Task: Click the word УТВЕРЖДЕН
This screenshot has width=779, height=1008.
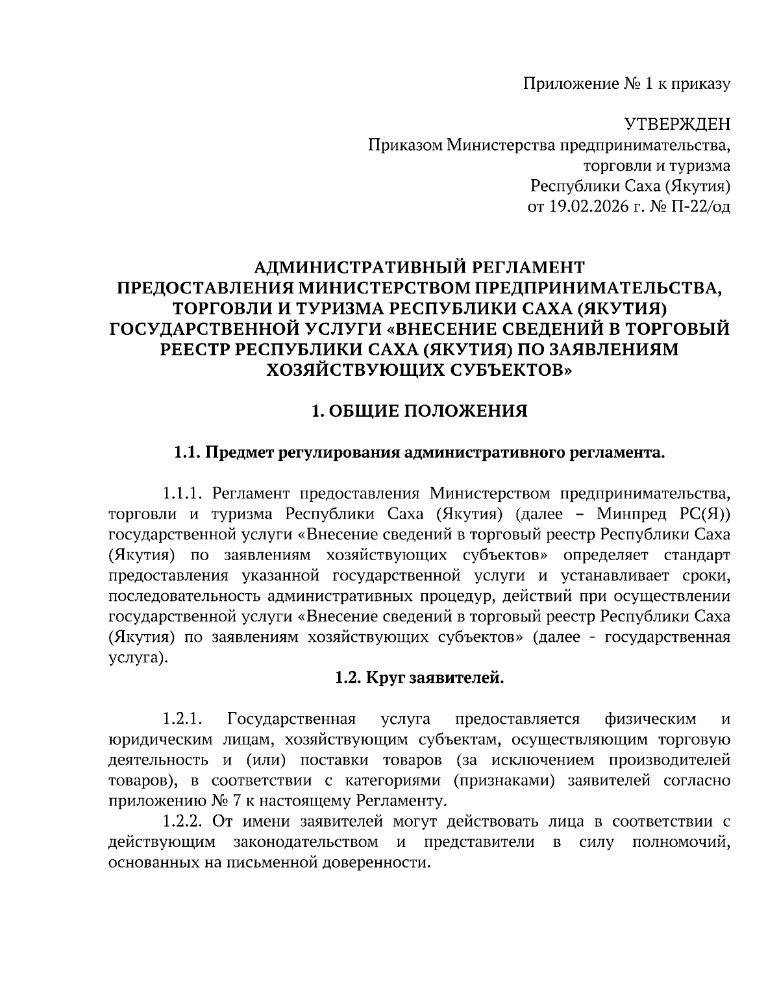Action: (677, 124)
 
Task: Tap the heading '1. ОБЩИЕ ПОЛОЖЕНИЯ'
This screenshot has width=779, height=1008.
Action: (419, 411)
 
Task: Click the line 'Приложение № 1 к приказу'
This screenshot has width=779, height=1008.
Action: (626, 83)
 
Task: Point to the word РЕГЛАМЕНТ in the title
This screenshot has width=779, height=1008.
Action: (527, 267)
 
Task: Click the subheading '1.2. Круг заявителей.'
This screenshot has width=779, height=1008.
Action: (419, 678)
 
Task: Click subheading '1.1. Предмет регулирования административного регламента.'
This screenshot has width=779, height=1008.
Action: (419, 452)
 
